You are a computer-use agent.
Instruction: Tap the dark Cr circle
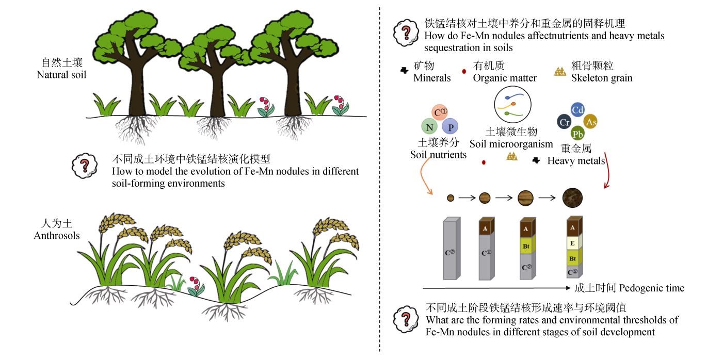coord(564,122)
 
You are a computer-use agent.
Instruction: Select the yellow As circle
coord(591,122)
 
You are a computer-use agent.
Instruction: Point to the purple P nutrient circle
coord(450,126)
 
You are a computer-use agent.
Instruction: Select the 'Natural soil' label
coord(61,69)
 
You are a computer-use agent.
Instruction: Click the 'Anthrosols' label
coord(57,231)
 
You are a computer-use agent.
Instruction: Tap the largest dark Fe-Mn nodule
coord(572,198)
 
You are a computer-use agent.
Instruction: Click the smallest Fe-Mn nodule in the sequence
coord(451,198)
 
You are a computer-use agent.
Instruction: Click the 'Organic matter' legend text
coord(505,78)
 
